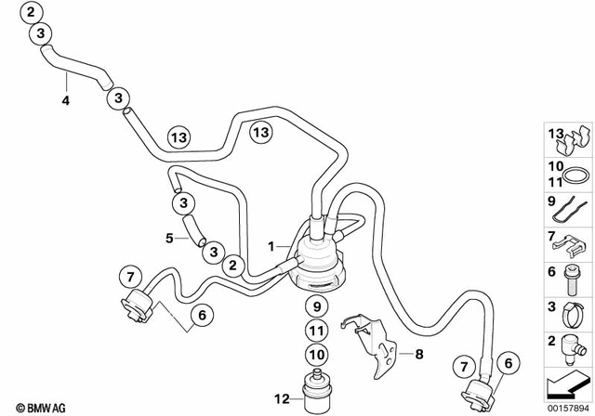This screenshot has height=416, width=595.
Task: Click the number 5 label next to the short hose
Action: click(x=170, y=238)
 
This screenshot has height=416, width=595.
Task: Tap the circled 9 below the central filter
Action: click(x=315, y=307)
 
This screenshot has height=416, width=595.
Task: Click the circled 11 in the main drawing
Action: click(x=315, y=330)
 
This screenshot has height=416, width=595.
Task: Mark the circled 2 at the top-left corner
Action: click(x=34, y=13)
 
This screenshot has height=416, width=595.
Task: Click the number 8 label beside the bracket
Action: click(x=419, y=353)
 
